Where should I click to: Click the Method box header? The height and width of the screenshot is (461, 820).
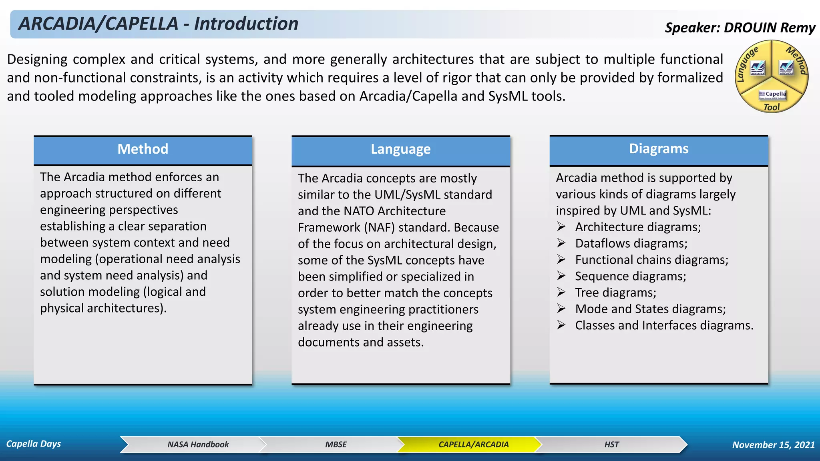pos(143,149)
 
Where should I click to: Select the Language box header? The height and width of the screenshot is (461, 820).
pos(400,150)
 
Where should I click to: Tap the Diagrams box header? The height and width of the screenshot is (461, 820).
pos(659,149)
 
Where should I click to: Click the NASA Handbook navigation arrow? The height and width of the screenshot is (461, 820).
pos(198,445)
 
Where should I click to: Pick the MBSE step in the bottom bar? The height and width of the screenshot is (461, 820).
pos(336,445)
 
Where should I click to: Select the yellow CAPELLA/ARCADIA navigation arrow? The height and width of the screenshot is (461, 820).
pos(473,445)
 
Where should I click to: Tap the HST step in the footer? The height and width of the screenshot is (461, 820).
pos(611,445)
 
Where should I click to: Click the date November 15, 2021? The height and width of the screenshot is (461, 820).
pos(773,445)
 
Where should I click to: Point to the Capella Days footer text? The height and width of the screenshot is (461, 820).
pos(34,444)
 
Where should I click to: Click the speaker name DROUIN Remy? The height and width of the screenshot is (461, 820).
pos(769,28)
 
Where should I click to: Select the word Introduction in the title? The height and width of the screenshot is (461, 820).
pos(246,24)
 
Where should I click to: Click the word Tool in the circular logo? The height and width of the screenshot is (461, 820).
pos(771,107)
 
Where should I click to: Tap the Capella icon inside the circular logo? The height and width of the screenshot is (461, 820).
pos(772,95)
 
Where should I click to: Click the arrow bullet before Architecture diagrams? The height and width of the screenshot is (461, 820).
pos(561,227)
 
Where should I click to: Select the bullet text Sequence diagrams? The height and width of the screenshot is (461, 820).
pos(630,276)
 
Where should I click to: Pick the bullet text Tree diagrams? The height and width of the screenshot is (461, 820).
pos(615,293)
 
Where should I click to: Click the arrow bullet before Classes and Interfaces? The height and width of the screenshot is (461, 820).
pos(561,325)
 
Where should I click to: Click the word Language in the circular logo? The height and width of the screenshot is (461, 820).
pos(747,64)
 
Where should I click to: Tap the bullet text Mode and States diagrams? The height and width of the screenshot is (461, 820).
pos(650,309)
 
